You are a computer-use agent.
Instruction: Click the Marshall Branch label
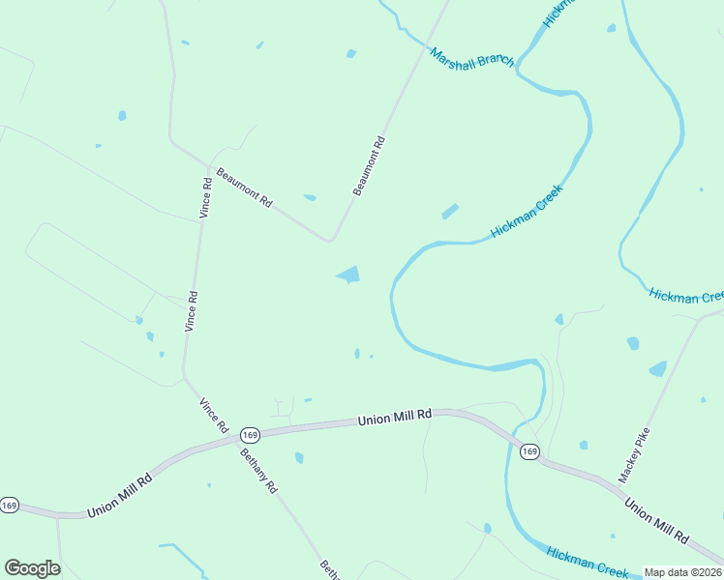[x=471, y=64]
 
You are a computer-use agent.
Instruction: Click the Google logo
[x=32, y=568]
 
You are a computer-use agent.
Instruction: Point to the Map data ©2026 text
[x=682, y=572]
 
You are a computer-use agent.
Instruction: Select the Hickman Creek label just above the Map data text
[x=588, y=561]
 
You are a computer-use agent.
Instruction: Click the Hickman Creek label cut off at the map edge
[x=686, y=296]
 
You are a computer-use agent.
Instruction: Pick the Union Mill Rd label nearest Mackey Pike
[x=655, y=520]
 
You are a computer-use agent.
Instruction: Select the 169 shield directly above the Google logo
[x=10, y=506]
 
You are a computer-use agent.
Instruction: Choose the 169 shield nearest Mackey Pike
[x=528, y=451]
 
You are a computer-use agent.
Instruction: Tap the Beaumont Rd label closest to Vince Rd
[x=245, y=190]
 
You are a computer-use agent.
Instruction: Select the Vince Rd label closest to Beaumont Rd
[x=205, y=197]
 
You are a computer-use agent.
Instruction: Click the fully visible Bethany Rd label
[x=258, y=472]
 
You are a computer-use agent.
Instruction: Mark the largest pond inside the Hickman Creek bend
[x=348, y=275]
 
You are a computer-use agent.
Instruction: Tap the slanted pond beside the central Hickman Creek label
[x=450, y=211]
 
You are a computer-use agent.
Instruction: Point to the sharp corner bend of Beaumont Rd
[x=331, y=239]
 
